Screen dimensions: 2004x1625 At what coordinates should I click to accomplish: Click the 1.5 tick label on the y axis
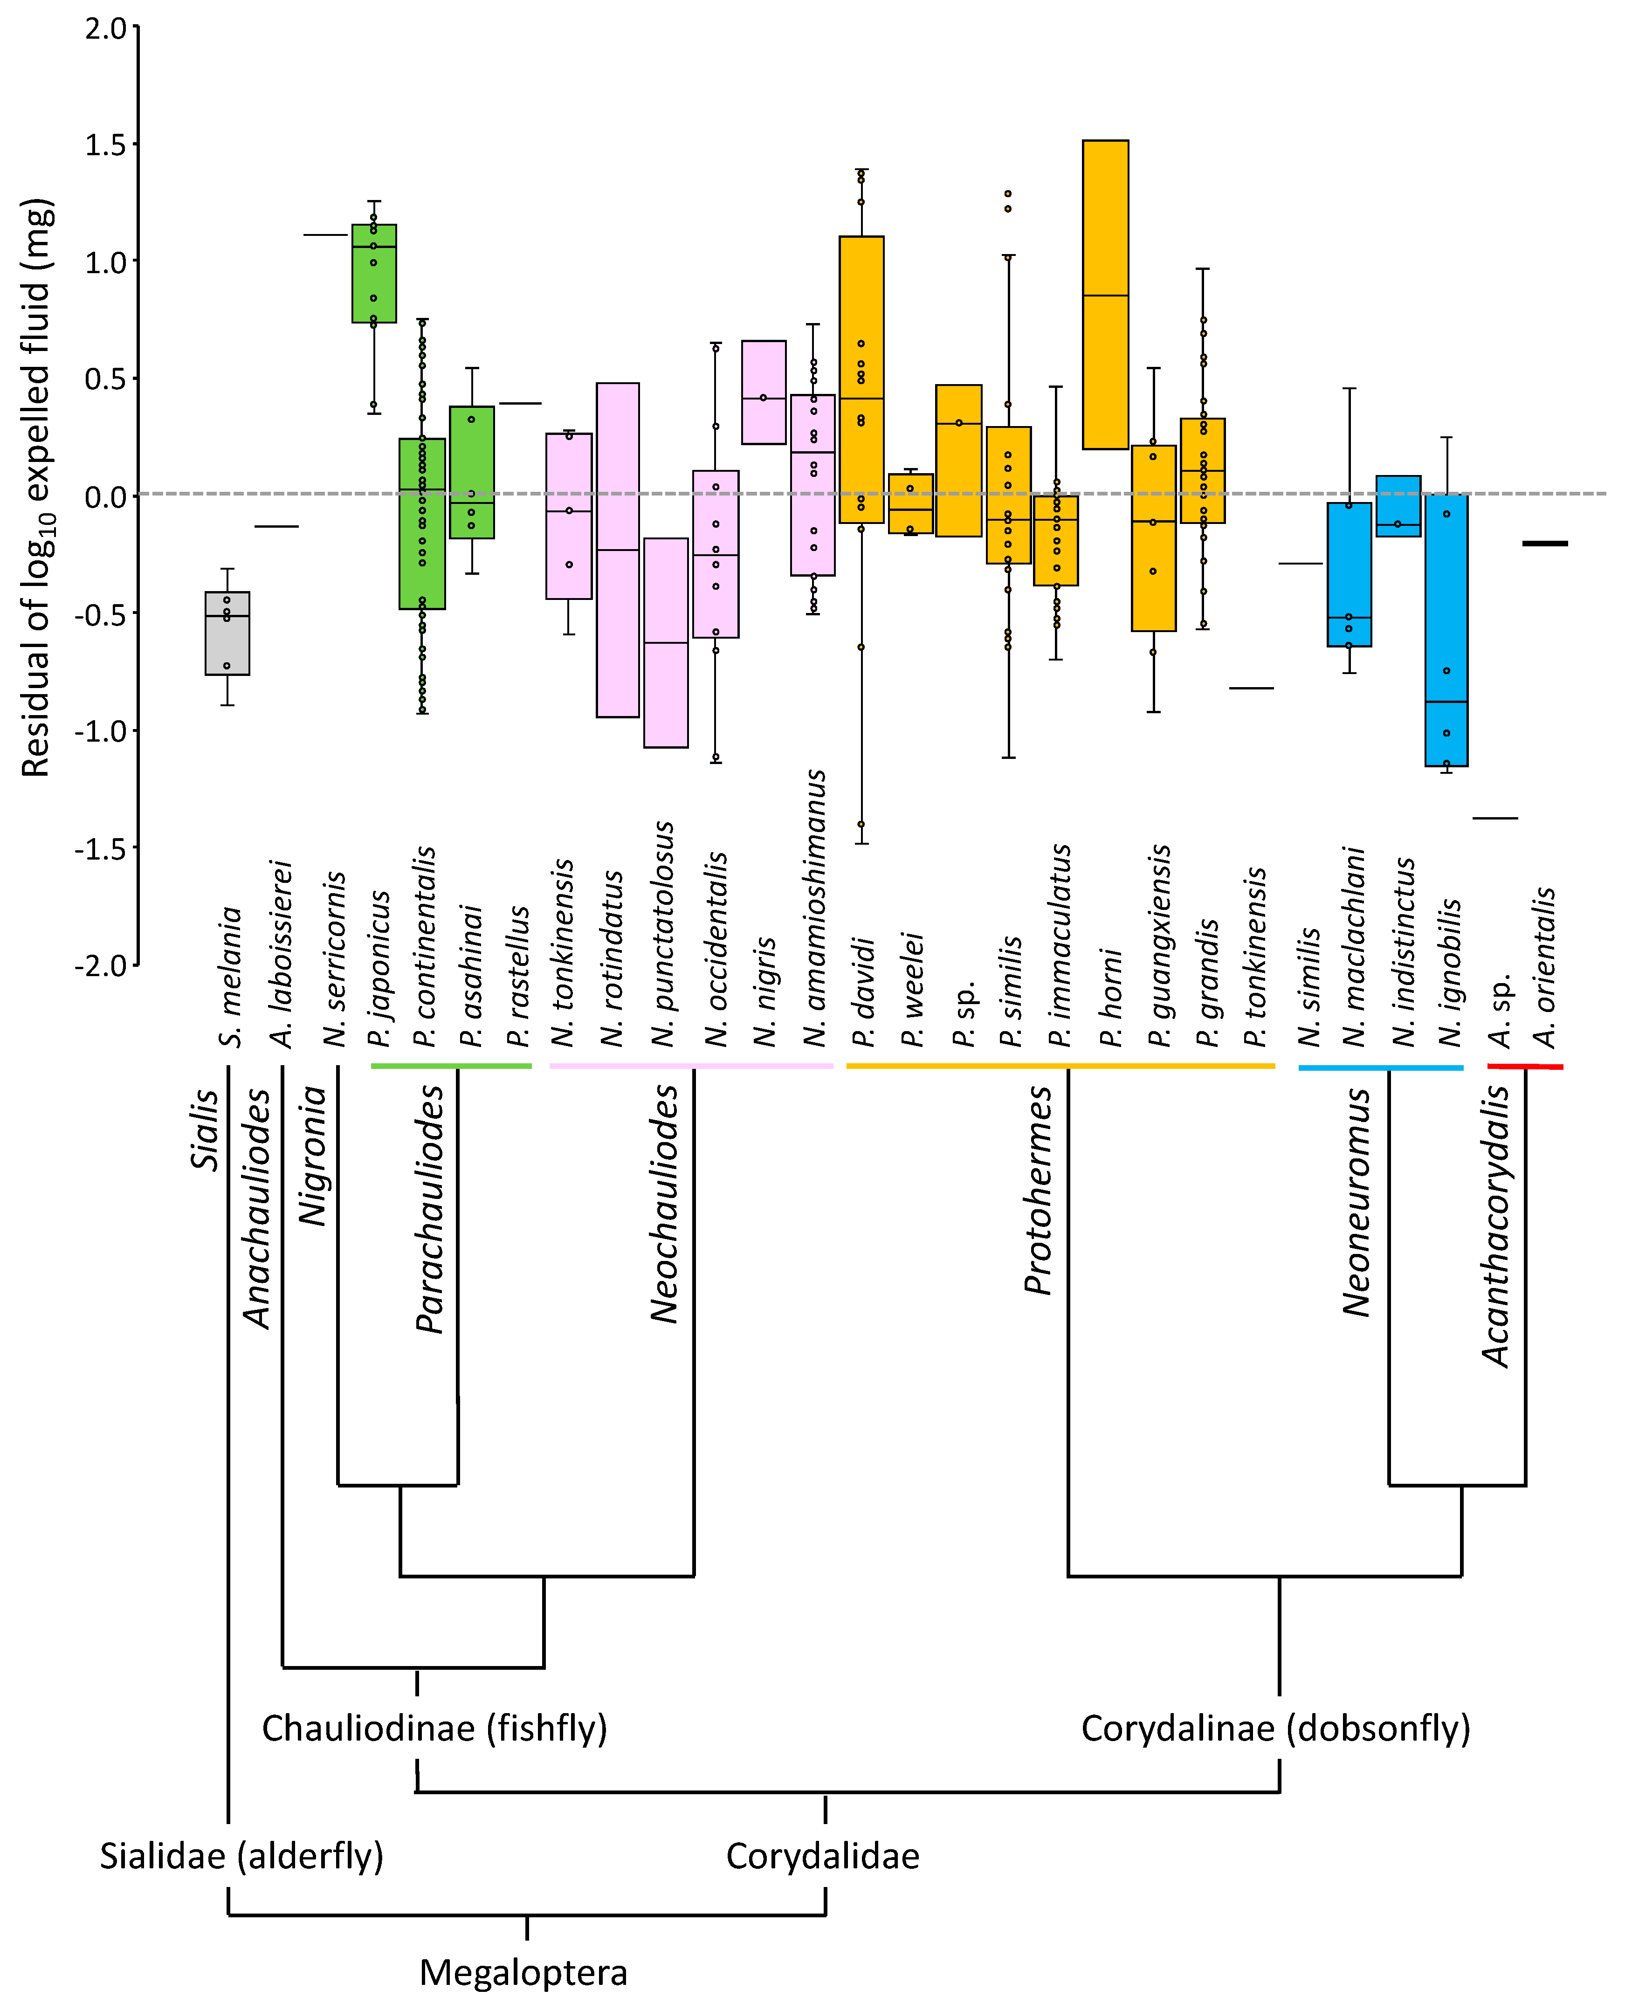[105, 145]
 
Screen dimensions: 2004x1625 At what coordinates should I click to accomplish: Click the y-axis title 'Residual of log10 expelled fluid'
[37, 487]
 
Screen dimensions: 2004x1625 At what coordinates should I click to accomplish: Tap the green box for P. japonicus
[373, 273]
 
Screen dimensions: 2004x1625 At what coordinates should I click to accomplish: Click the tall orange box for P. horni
[1106, 295]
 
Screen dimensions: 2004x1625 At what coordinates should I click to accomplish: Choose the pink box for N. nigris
[764, 392]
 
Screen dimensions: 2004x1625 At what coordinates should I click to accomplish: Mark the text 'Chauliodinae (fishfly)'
[434, 1728]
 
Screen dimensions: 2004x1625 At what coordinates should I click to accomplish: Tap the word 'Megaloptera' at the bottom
[523, 1972]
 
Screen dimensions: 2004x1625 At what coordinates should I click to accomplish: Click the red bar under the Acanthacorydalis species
[1525, 1066]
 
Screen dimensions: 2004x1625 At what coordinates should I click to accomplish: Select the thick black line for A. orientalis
[1544, 543]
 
